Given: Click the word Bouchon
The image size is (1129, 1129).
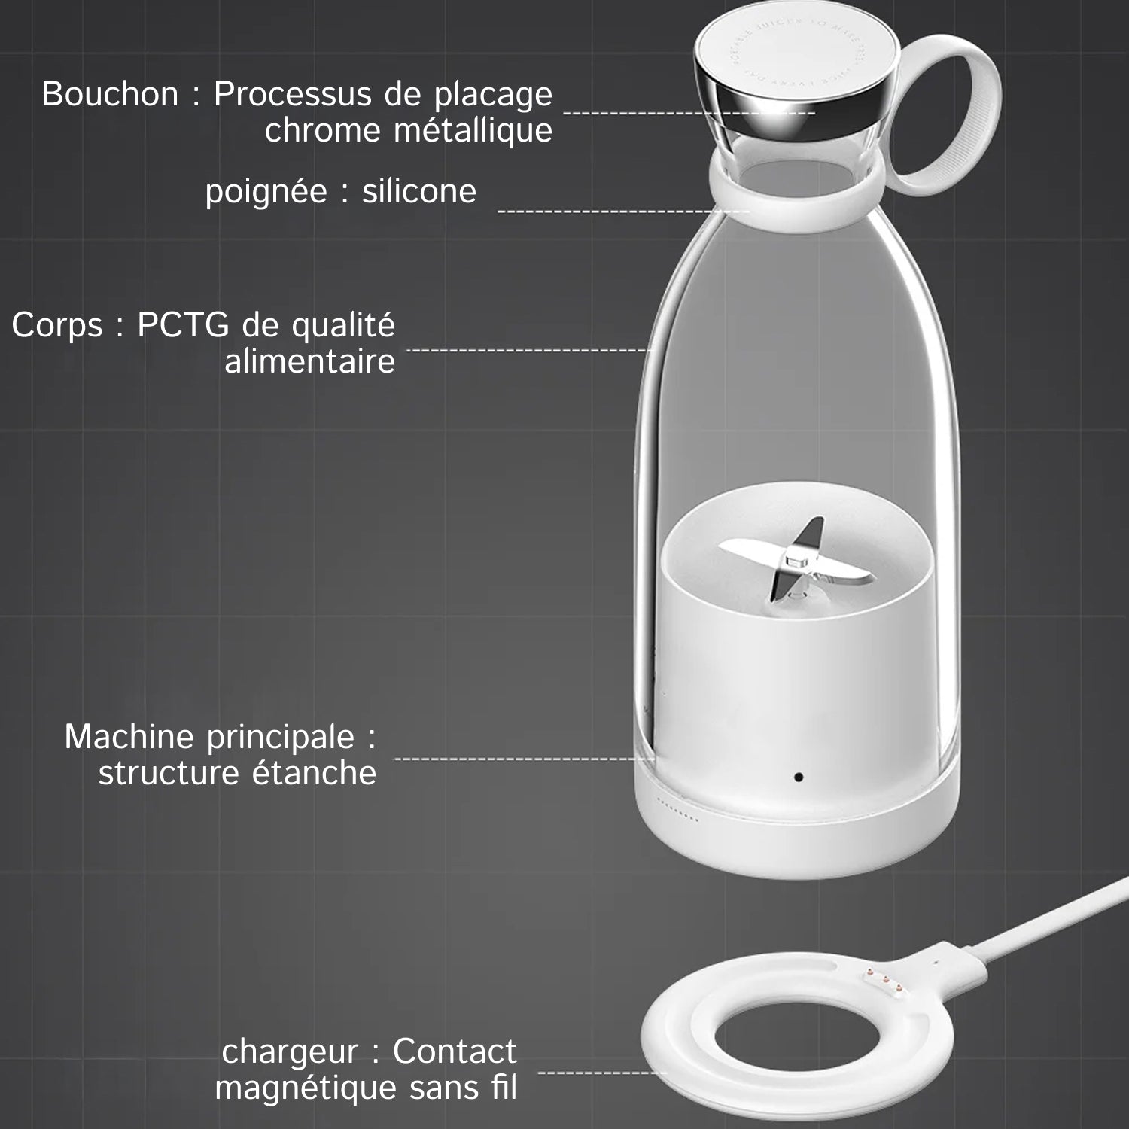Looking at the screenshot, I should tap(110, 95).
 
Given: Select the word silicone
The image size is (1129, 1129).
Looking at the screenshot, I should tap(419, 192).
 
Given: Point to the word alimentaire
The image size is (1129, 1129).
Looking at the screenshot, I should tap(309, 362).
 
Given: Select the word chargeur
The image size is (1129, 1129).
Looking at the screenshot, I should tap(290, 1051).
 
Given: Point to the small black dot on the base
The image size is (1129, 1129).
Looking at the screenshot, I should tap(798, 776).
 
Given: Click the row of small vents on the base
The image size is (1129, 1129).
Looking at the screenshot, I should tap(680, 811).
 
